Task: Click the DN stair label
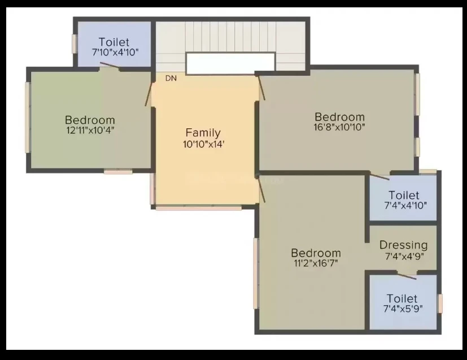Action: pos(171,78)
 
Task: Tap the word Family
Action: pos(203,133)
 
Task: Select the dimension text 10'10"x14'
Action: pos(203,144)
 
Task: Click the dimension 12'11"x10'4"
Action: pos(90,130)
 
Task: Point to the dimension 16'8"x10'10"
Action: pos(339,127)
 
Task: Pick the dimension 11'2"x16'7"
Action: pos(316,263)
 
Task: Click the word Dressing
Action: pos(404,245)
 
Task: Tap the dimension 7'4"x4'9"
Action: pos(404,256)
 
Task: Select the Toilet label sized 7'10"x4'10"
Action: pos(114,42)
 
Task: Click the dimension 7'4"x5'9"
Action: pos(403,309)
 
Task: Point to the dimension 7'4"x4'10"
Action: pos(405,205)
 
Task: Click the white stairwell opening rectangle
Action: pos(230,63)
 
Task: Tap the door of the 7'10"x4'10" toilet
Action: pos(110,66)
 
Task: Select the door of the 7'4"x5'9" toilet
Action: pos(407,276)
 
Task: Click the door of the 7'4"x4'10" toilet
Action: pos(379,176)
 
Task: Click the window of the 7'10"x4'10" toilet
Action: pos(75,44)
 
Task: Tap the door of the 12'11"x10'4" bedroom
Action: pos(149,94)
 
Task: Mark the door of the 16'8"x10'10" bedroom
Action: pos(261,88)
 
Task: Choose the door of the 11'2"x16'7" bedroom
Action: pos(261,190)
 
